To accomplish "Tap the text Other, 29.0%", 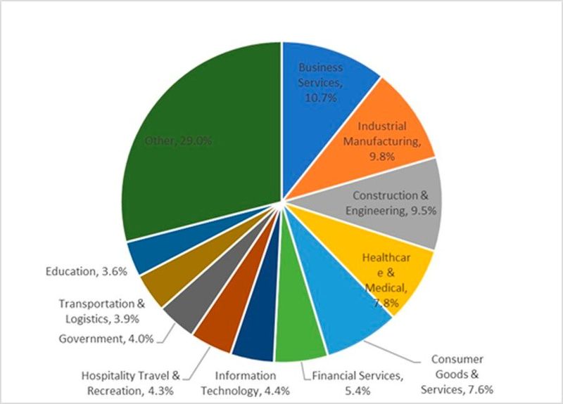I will pos(177,141).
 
